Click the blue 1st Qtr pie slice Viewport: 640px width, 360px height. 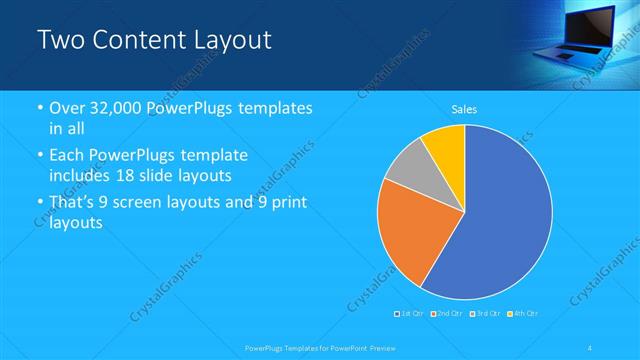tap(500, 220)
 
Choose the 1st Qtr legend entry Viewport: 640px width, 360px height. tap(410, 314)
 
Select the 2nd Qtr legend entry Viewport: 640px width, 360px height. tap(446, 314)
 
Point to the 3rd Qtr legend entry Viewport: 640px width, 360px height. tap(483, 314)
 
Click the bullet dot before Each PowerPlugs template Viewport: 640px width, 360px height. tap(40, 156)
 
